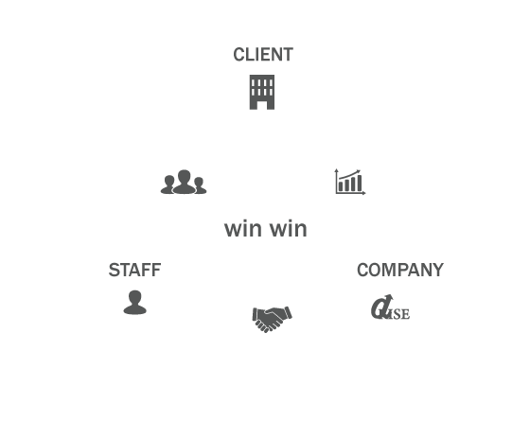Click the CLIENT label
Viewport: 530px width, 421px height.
(263, 55)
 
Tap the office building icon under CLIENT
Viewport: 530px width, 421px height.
(262, 93)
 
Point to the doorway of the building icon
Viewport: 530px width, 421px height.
(262, 104)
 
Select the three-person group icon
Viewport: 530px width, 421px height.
(184, 182)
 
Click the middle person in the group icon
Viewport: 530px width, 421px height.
(185, 182)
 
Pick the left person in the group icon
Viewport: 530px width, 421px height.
(168, 184)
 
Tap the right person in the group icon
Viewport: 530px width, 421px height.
(200, 185)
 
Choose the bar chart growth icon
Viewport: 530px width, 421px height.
(350, 182)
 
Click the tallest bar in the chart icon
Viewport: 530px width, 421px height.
(359, 184)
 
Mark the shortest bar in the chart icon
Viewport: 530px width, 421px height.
(341, 187)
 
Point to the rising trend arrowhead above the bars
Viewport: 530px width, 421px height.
(358, 171)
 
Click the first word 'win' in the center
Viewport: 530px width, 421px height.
(243, 229)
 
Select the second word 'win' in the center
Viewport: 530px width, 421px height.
(289, 229)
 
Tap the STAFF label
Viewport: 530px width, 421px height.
(134, 270)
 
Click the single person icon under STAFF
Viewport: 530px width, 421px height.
(134, 303)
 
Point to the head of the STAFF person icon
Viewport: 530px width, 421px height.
(134, 296)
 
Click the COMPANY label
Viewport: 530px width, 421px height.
(400, 270)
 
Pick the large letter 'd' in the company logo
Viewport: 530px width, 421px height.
(380, 307)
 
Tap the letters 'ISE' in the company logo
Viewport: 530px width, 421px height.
(399, 314)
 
